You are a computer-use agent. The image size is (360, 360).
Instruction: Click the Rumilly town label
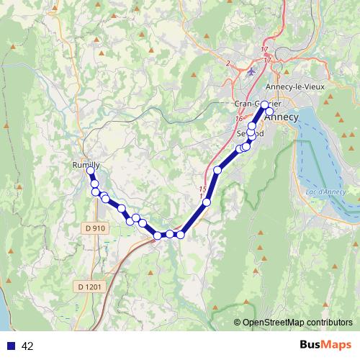coord(86,165)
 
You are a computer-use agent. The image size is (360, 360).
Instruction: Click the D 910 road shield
coord(94,228)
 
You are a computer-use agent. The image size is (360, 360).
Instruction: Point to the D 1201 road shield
coord(89,287)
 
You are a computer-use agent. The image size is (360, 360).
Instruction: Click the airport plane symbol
coord(250,71)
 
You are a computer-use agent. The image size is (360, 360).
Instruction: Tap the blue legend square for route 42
coord(11,346)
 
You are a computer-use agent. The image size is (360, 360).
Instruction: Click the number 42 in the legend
coord(28,346)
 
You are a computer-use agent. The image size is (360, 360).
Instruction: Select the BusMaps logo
coord(323,346)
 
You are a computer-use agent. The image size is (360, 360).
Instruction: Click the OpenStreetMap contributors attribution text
coord(297,323)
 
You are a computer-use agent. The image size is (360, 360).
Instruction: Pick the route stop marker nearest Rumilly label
coord(91,171)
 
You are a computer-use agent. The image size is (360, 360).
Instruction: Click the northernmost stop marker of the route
coord(265,104)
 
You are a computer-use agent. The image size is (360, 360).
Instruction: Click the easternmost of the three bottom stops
coord(181,234)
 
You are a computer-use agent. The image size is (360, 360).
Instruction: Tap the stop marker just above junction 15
coord(217,170)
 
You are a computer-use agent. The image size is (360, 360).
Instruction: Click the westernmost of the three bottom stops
coord(158,235)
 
